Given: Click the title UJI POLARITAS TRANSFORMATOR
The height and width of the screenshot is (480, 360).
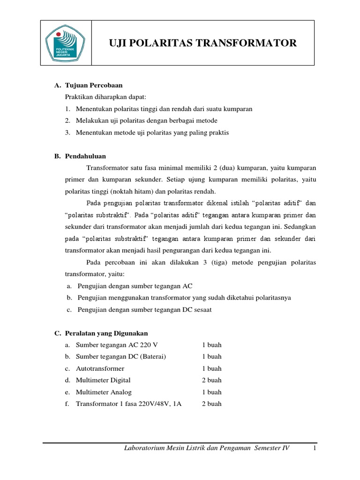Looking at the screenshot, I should coord(202,43).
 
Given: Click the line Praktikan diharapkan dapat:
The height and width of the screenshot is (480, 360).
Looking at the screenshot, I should coord(105,97).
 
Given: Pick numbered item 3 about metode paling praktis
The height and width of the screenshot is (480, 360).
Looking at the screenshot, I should coord(152,133).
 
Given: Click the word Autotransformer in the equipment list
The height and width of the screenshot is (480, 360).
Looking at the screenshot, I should coord(100,368).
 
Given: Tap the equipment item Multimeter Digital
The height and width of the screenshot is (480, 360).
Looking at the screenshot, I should coord(103,380).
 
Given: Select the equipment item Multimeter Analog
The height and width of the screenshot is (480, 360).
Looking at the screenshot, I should coord(104,392).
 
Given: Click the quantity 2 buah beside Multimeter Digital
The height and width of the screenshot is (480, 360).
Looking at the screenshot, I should coord(211,380).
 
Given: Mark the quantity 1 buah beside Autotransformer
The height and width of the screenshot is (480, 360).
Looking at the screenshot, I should coord(211,368).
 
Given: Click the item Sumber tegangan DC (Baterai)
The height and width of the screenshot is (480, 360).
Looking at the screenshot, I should coord(121,356).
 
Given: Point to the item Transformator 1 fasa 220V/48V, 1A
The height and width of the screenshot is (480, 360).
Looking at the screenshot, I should coord(128,404).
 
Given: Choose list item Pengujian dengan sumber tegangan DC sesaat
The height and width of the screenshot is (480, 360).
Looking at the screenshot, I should coord(146,309).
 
